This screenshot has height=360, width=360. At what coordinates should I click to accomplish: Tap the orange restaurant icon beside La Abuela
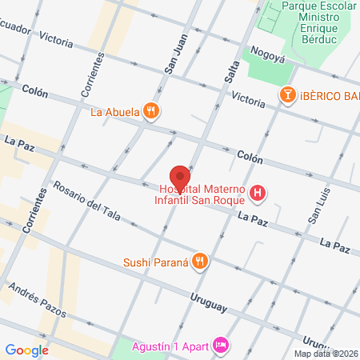click(x=151, y=111)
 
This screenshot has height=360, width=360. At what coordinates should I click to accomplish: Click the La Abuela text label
click(x=115, y=112)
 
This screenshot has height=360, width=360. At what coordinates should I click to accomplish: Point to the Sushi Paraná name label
click(x=155, y=262)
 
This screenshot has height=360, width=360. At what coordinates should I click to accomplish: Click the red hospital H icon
click(x=258, y=193)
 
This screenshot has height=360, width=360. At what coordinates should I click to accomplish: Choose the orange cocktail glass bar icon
click(x=286, y=96)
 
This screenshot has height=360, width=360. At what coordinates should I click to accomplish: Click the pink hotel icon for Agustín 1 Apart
click(x=222, y=344)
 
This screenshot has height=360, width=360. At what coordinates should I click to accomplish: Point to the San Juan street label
click(x=175, y=57)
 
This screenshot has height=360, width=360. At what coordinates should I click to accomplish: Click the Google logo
click(x=26, y=350)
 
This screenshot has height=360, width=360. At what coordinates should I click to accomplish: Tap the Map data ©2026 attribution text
click(x=325, y=354)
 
